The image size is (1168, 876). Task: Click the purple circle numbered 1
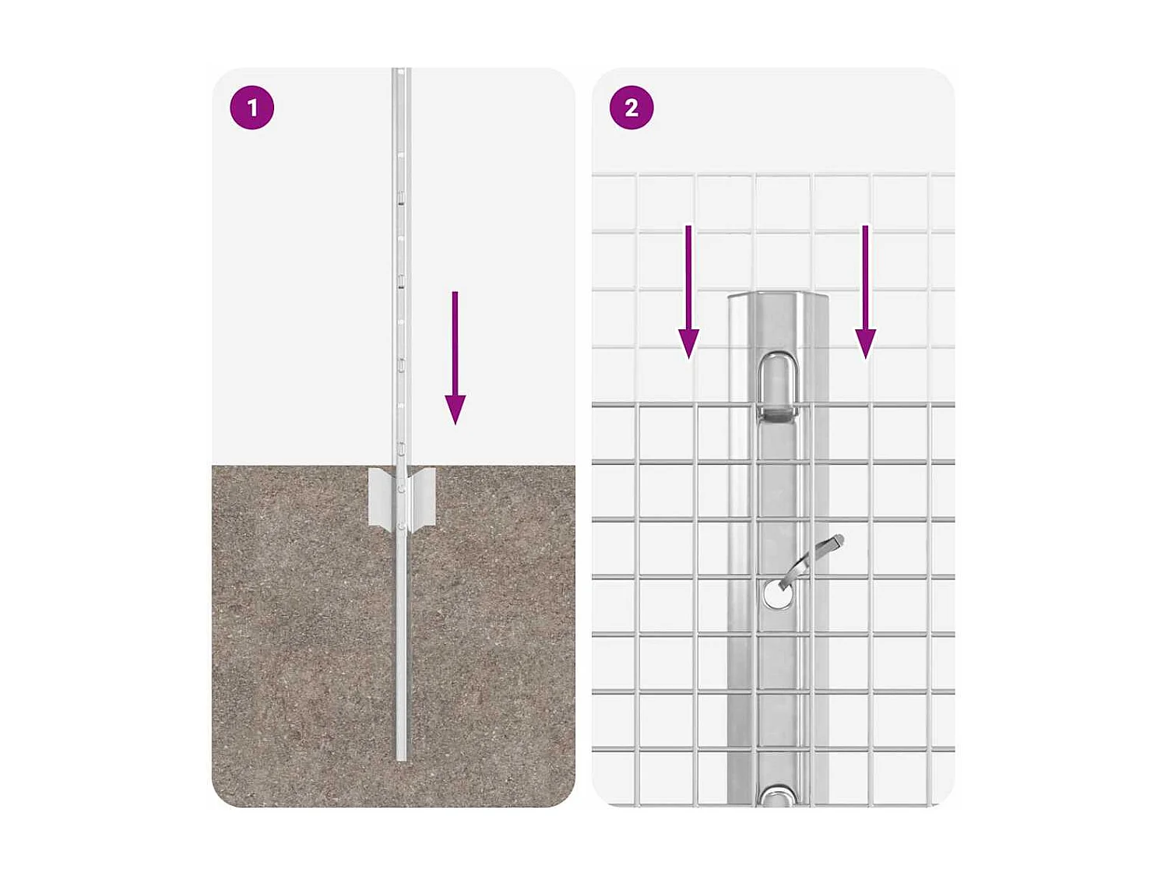[252, 107]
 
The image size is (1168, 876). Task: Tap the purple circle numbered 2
[631, 107]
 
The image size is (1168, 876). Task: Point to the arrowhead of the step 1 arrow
[456, 409]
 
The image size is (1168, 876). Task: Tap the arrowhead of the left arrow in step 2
[688, 343]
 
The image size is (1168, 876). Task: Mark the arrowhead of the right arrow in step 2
[865, 343]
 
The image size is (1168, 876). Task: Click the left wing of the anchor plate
[381, 498]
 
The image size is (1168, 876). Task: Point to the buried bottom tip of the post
[401, 755]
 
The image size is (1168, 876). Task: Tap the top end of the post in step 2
[777, 297]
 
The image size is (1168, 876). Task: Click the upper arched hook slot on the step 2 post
[777, 382]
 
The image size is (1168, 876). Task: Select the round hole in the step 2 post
[776, 594]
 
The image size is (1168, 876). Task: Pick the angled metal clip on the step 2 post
[810, 561]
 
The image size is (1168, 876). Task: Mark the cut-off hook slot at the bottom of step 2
[777, 796]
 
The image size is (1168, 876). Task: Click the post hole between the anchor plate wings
[401, 489]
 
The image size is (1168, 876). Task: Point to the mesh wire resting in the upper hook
[777, 406]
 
